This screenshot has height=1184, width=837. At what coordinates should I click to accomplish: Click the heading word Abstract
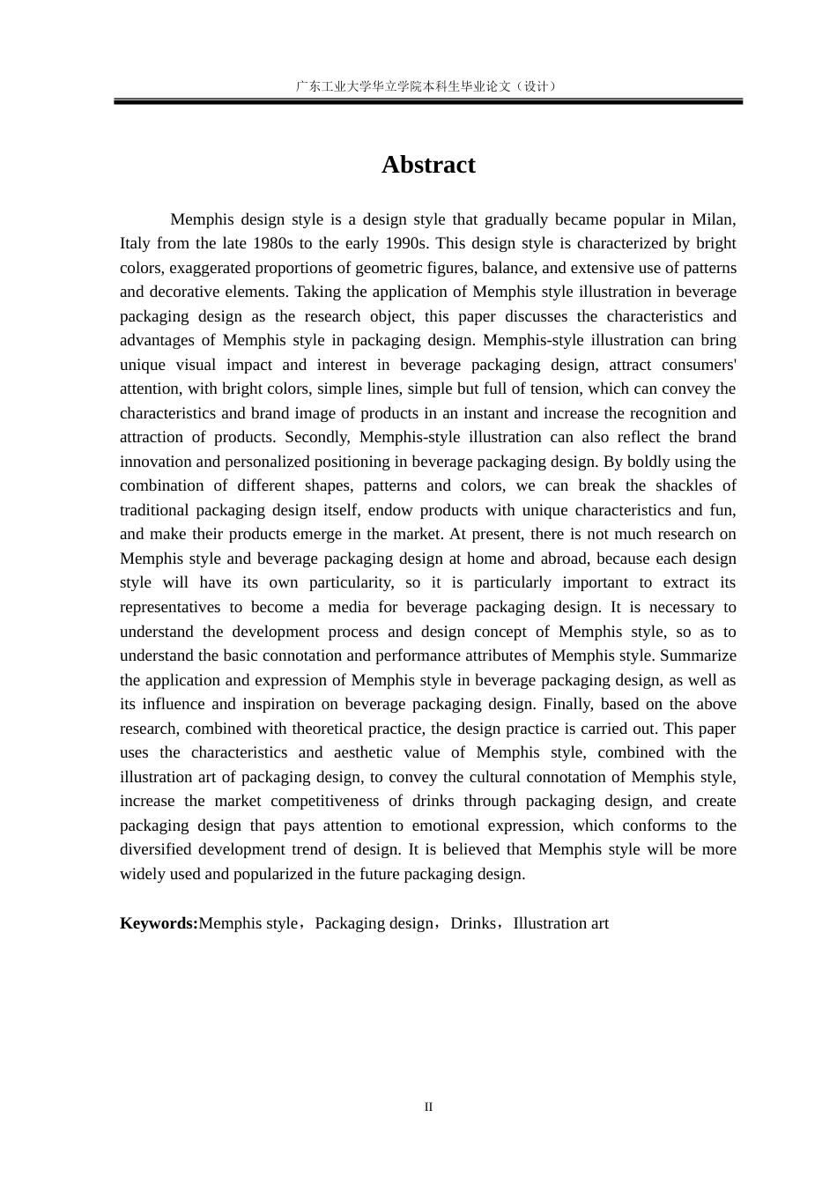(428, 165)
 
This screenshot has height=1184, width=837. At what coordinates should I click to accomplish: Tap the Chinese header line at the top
(428, 86)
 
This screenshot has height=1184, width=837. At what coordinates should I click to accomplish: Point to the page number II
(428, 1107)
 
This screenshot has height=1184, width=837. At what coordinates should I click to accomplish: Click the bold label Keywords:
(159, 923)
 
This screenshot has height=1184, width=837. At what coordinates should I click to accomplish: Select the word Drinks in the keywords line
(473, 923)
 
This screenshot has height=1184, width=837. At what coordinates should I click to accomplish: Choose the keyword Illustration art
(560, 923)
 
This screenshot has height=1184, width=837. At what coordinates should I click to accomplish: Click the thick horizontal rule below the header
(428, 102)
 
